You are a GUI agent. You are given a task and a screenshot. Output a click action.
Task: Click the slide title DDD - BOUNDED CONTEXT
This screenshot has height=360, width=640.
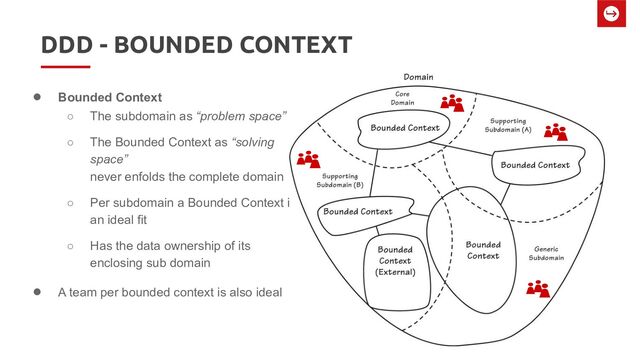(195, 46)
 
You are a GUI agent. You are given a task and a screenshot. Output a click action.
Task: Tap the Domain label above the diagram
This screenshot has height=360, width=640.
(419, 77)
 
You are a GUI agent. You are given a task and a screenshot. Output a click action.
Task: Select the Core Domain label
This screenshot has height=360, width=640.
(402, 98)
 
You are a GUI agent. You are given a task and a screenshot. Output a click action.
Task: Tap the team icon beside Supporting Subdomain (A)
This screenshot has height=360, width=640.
(556, 132)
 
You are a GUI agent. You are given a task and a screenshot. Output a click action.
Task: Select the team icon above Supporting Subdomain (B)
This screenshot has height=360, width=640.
(309, 158)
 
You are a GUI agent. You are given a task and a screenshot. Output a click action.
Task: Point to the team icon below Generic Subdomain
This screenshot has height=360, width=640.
(539, 289)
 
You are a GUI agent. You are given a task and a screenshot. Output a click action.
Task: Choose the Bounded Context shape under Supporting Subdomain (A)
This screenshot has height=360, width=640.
(534, 164)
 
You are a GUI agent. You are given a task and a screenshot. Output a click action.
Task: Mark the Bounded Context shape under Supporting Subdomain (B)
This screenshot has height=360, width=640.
(355, 212)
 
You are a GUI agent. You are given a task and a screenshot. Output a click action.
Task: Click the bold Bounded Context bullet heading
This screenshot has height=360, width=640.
(109, 98)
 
